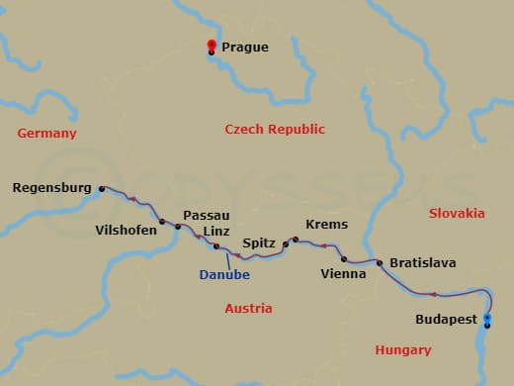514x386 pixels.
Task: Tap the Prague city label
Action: [244, 47]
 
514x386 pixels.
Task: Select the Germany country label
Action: [46, 133]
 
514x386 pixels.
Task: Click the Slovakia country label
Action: [457, 213]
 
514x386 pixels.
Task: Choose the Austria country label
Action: [248, 308]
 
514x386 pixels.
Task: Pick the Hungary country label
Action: [403, 349]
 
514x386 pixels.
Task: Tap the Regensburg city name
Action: [51, 187]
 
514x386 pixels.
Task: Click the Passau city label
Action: [207, 215]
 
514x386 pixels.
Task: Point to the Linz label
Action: [215, 231]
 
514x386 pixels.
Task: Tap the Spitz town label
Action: [258, 242]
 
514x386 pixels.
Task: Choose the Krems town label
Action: [326, 225]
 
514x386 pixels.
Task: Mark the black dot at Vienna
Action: [344, 259]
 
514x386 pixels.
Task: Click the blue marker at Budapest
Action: [486, 318]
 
